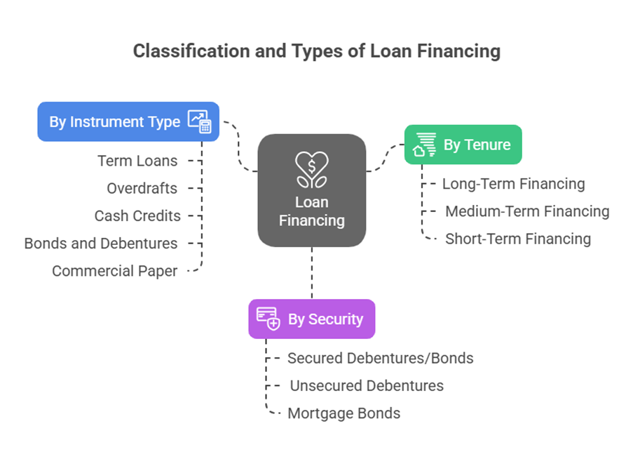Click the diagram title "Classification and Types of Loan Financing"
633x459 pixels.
point(316,51)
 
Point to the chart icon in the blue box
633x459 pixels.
point(199,121)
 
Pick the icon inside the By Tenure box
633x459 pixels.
point(425,145)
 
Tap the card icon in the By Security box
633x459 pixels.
point(268,319)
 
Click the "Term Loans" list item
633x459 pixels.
point(137,161)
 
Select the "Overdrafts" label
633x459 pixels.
point(142,188)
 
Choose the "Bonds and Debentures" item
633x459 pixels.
point(101,244)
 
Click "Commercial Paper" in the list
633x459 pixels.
point(115,271)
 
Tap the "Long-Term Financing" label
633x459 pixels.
point(513,184)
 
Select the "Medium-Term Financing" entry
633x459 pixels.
point(527,211)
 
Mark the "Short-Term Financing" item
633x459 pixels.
point(518,239)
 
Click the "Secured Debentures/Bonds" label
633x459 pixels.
point(381,358)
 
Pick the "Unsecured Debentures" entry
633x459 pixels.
point(367,385)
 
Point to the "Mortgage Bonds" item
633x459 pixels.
point(344,413)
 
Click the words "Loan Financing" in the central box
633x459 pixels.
point(312,211)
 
